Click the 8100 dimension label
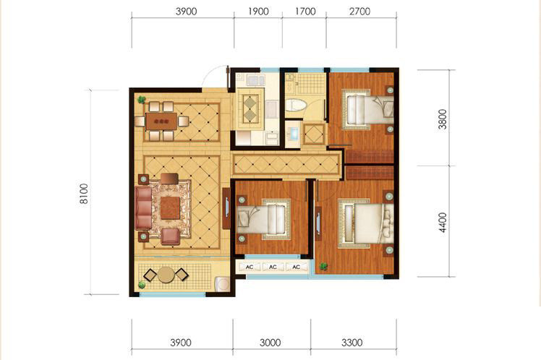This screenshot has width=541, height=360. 84,194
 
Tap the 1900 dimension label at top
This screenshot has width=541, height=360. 258,12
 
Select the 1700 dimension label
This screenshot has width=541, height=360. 305,12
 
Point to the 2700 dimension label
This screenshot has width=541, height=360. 359,12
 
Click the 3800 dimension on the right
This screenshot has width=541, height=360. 443,119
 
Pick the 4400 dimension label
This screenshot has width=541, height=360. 443,223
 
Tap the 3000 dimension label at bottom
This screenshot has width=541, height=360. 270,343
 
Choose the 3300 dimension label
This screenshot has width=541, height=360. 352,343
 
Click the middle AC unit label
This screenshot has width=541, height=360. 273,267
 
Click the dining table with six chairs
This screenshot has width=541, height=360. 161,121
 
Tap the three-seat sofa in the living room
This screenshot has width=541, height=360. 143,208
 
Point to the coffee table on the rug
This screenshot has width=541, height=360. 170,207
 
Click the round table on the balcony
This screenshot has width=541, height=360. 166,275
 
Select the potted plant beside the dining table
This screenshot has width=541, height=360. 141,100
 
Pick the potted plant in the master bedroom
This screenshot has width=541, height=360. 323,266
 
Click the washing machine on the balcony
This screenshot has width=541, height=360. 223,285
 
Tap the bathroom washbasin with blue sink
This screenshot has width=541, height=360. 294,134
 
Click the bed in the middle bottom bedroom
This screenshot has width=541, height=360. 264,219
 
